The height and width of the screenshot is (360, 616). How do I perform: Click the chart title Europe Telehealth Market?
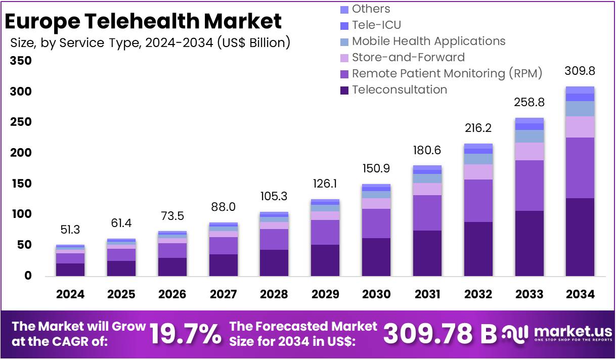pyautogui.click(x=143, y=22)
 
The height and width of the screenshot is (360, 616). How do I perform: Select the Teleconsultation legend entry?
pyautogui.click(x=399, y=90)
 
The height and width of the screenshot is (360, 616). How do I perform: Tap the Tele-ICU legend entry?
pyautogui.click(x=377, y=25)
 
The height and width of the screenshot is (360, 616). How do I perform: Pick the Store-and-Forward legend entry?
pyautogui.click(x=408, y=58)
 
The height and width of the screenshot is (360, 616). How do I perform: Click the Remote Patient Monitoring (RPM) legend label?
pyautogui.click(x=447, y=74)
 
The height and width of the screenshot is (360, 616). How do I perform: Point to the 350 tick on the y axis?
pyautogui.click(x=21, y=61)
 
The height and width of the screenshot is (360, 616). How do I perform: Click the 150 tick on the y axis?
pyautogui.click(x=21, y=184)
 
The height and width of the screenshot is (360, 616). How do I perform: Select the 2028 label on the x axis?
pyautogui.click(x=274, y=294)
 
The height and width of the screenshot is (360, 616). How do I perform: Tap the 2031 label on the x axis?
pyautogui.click(x=427, y=294)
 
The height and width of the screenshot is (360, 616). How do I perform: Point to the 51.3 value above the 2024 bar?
pyautogui.click(x=70, y=230)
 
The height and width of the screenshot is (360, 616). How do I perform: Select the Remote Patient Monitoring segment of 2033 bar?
pyautogui.click(x=529, y=186)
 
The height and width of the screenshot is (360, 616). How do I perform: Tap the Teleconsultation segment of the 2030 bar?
pyautogui.click(x=376, y=257)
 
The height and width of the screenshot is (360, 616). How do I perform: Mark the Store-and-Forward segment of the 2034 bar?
pyautogui.click(x=580, y=127)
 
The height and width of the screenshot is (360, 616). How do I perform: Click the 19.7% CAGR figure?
pyautogui.click(x=186, y=334)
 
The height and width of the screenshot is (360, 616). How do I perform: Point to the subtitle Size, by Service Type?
pyautogui.click(x=150, y=43)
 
